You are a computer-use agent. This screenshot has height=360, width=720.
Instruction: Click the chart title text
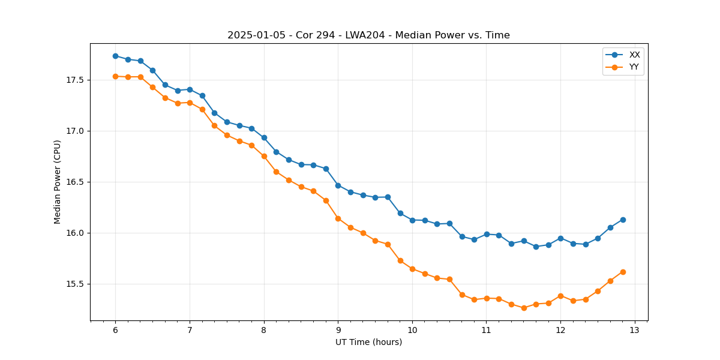tap(368, 35)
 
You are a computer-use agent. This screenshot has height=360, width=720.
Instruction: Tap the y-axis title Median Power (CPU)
tap(58, 182)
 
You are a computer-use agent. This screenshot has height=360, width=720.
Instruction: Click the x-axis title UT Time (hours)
tap(368, 342)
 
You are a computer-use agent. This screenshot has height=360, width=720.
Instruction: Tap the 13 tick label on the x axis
tap(635, 330)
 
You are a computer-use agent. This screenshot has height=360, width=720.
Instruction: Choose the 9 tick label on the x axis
tap(338, 330)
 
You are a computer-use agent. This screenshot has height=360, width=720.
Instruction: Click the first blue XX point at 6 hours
tap(115, 56)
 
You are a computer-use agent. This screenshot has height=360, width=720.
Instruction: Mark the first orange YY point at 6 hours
tap(115, 76)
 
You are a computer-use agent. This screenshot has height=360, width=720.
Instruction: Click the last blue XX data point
tap(623, 220)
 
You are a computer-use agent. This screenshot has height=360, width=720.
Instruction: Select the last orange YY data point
tap(623, 272)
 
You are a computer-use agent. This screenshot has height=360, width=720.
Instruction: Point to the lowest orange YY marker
tap(524, 308)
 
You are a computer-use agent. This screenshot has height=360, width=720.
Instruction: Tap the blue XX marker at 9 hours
tap(338, 185)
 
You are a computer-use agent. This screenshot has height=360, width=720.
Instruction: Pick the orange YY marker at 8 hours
tap(264, 156)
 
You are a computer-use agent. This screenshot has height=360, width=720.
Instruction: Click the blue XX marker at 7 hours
tap(190, 89)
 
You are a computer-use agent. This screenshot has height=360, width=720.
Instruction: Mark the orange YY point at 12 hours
tap(560, 296)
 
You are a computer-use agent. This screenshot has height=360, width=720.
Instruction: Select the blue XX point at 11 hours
tap(487, 234)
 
